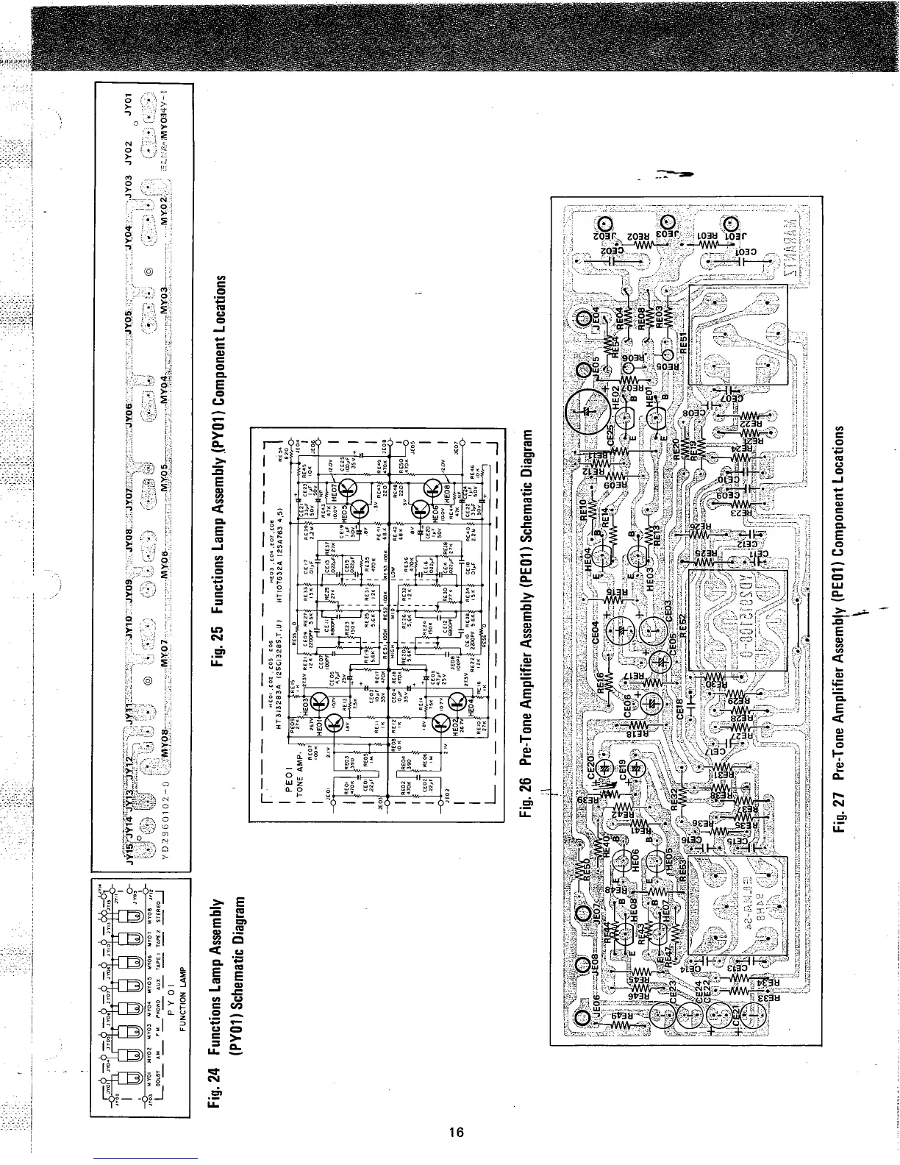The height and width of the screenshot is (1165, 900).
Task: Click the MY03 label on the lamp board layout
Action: (x=166, y=301)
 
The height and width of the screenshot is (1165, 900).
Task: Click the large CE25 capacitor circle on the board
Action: (x=585, y=414)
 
